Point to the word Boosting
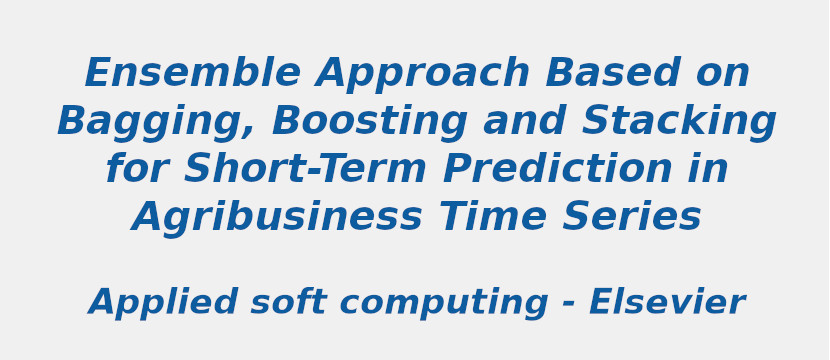(x=370, y=123)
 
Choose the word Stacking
(x=679, y=122)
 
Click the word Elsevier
(x=666, y=302)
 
